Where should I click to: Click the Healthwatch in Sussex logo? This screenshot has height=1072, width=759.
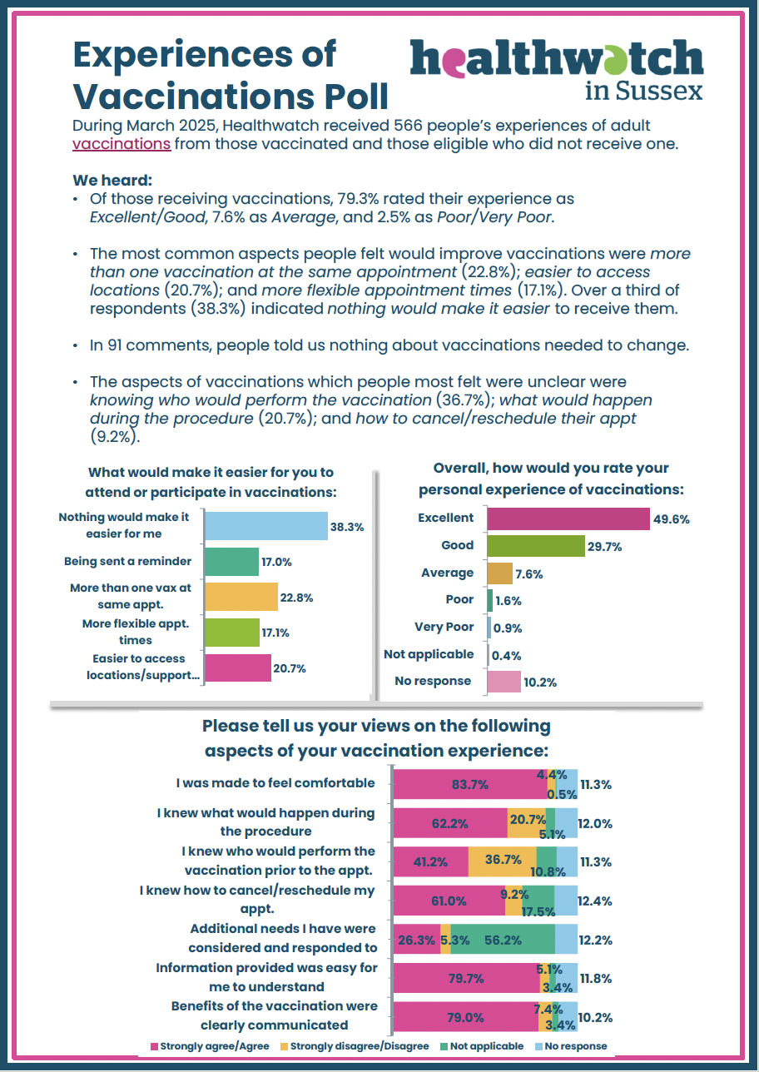(x=557, y=71)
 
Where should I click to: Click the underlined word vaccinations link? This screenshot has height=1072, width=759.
(x=122, y=144)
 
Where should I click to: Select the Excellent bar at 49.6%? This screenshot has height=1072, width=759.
(x=568, y=519)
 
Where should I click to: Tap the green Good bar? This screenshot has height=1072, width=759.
(x=535, y=546)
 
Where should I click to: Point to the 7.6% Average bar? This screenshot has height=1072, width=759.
(x=499, y=573)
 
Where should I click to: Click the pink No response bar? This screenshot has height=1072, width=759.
(x=504, y=682)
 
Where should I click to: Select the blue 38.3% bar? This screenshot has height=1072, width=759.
(x=265, y=526)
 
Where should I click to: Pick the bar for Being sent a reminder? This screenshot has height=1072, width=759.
(x=231, y=562)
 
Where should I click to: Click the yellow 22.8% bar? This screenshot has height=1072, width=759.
(x=241, y=597)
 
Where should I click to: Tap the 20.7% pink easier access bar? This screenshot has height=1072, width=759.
(x=237, y=668)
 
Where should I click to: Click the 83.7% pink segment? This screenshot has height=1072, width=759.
(x=469, y=784)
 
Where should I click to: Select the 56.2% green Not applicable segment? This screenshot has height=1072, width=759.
(x=503, y=940)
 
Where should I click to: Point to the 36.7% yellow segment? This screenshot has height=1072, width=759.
(x=502, y=861)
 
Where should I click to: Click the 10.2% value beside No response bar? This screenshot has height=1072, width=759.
(x=540, y=682)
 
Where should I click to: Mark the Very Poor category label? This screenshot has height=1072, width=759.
(x=444, y=628)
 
